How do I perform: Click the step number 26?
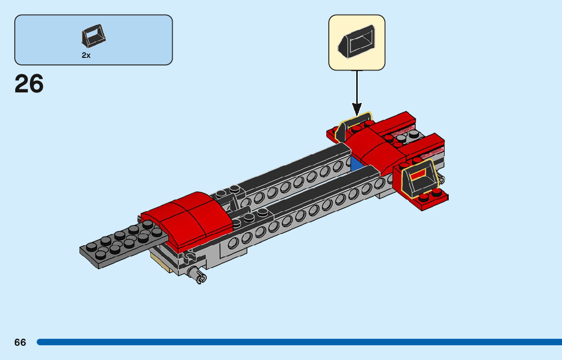click(29, 84)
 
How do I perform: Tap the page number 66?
click(20, 342)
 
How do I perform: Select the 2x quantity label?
click(86, 55)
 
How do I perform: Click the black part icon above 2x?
click(93, 36)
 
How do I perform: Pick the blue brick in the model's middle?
click(357, 164)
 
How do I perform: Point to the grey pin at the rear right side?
click(440, 179)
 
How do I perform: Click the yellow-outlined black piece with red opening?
click(419, 179)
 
